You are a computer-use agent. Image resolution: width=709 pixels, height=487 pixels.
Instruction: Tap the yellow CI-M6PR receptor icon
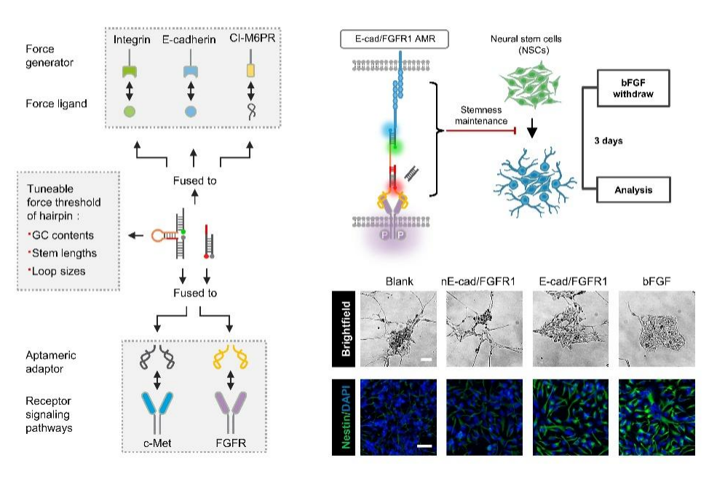tap(250, 71)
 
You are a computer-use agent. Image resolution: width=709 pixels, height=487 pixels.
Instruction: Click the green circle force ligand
tap(130, 111)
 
